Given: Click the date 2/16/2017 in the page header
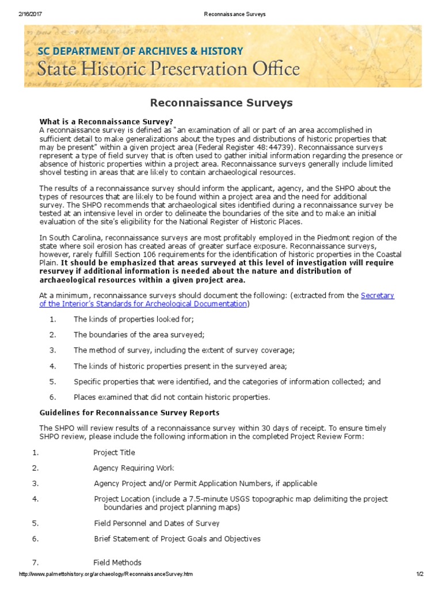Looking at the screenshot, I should (29, 13).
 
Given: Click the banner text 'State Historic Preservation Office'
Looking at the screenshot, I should (169, 69).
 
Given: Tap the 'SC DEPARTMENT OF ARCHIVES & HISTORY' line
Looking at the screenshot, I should (140, 51).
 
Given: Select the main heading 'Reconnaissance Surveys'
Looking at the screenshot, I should (222, 103).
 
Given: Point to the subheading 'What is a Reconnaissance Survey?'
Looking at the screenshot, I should (106, 121).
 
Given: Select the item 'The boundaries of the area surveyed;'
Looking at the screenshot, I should (139, 335).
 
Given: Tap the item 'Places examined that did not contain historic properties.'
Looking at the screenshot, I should (172, 397).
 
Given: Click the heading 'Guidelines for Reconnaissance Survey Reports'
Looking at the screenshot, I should (129, 412).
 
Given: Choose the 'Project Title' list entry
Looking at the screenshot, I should (115, 453).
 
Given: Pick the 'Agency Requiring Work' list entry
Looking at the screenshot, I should (134, 468).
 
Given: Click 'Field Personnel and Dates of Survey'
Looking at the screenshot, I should (157, 523).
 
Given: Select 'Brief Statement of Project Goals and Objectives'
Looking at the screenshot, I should (177, 539).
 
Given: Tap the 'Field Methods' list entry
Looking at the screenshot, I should (117, 563).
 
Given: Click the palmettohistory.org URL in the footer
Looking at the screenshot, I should (105, 575).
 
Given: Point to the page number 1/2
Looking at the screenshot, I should (420, 575).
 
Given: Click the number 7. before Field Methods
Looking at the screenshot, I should (35, 563).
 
